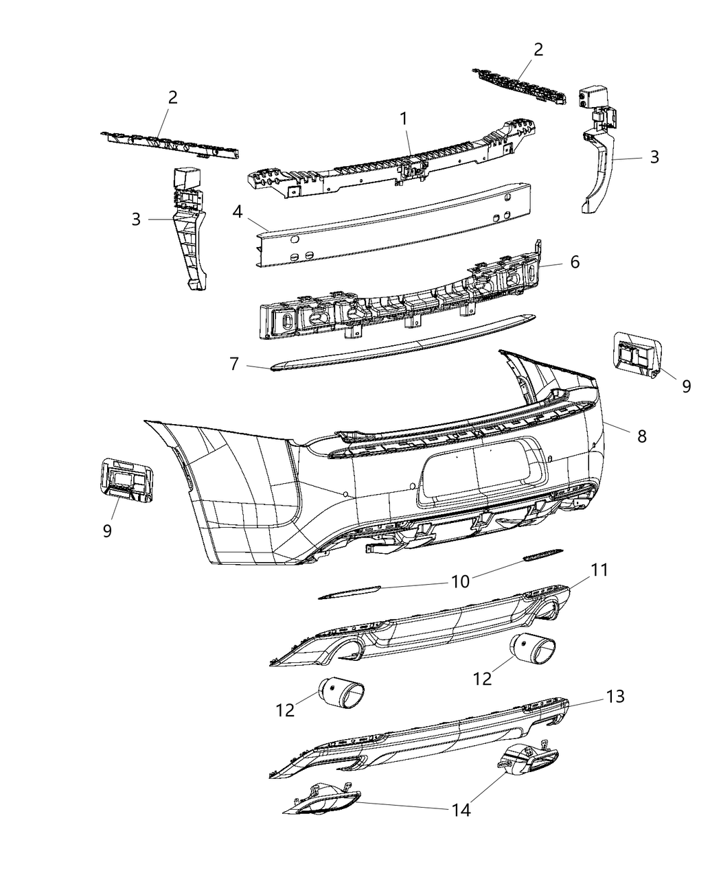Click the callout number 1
(x=404, y=119)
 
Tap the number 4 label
(x=237, y=212)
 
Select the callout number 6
(x=574, y=261)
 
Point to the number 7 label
(x=234, y=364)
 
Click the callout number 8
(x=641, y=435)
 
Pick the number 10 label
(x=460, y=581)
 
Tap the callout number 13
(x=615, y=697)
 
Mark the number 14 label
(x=461, y=810)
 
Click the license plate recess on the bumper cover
(x=474, y=474)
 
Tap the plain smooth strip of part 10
(x=350, y=592)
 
